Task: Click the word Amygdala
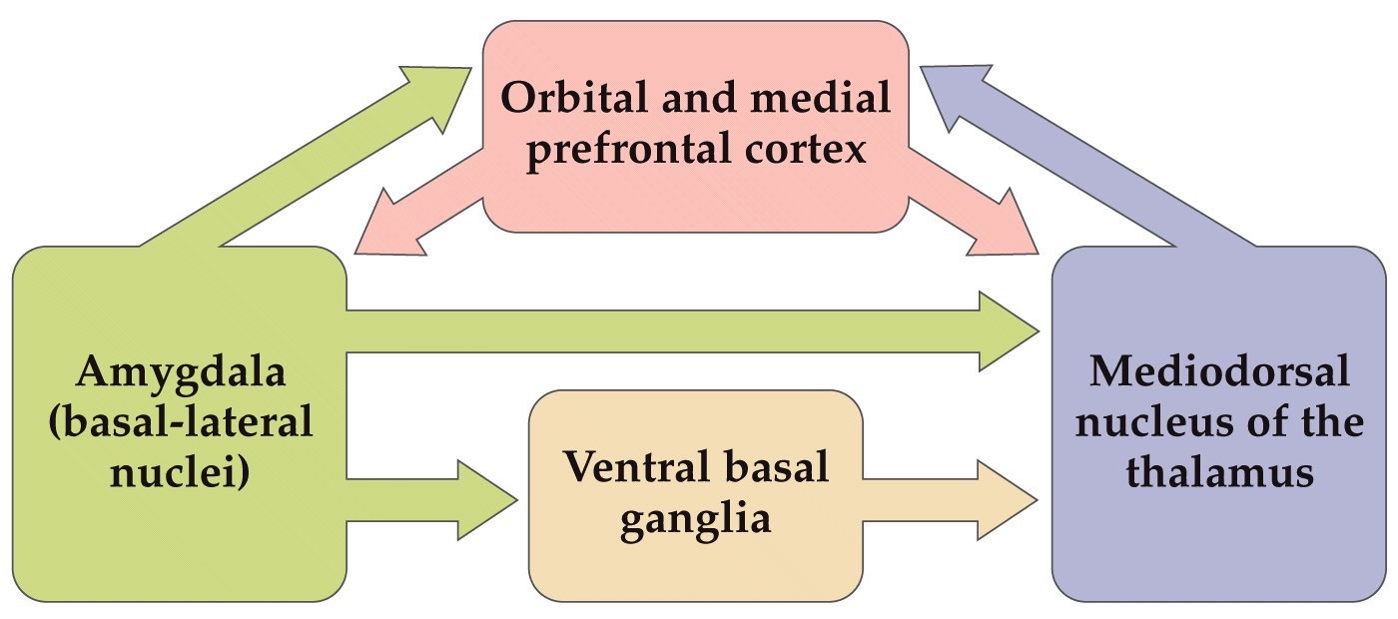tap(181, 374)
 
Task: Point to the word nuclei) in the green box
tap(181, 471)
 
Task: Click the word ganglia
tap(695, 521)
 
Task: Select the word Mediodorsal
tap(1219, 373)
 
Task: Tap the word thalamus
tap(1219, 472)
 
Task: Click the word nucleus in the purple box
tap(1158, 422)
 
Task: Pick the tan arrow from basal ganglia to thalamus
tap(949, 498)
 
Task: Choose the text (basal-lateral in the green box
tap(181, 422)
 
